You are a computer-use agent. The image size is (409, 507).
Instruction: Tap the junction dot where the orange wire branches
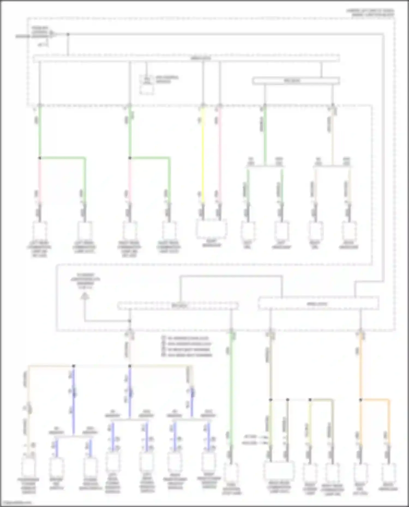(x=360, y=400)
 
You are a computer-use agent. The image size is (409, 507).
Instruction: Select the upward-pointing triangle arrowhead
(x=85, y=296)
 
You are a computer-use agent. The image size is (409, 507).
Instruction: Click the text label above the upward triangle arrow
(x=85, y=281)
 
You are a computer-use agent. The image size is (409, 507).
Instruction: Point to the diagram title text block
(x=370, y=13)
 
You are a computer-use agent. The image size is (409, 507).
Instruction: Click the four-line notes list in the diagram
(x=187, y=347)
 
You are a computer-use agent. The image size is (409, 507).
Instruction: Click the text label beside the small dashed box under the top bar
(x=167, y=79)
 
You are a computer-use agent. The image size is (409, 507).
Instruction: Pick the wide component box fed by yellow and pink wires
(x=212, y=229)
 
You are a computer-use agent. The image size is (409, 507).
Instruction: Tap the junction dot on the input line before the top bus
(x=68, y=34)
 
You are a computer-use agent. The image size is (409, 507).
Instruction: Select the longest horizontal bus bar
(x=186, y=58)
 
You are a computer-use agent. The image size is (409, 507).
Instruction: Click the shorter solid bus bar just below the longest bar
(x=296, y=81)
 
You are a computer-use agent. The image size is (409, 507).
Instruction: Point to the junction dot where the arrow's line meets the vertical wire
(x=130, y=321)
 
